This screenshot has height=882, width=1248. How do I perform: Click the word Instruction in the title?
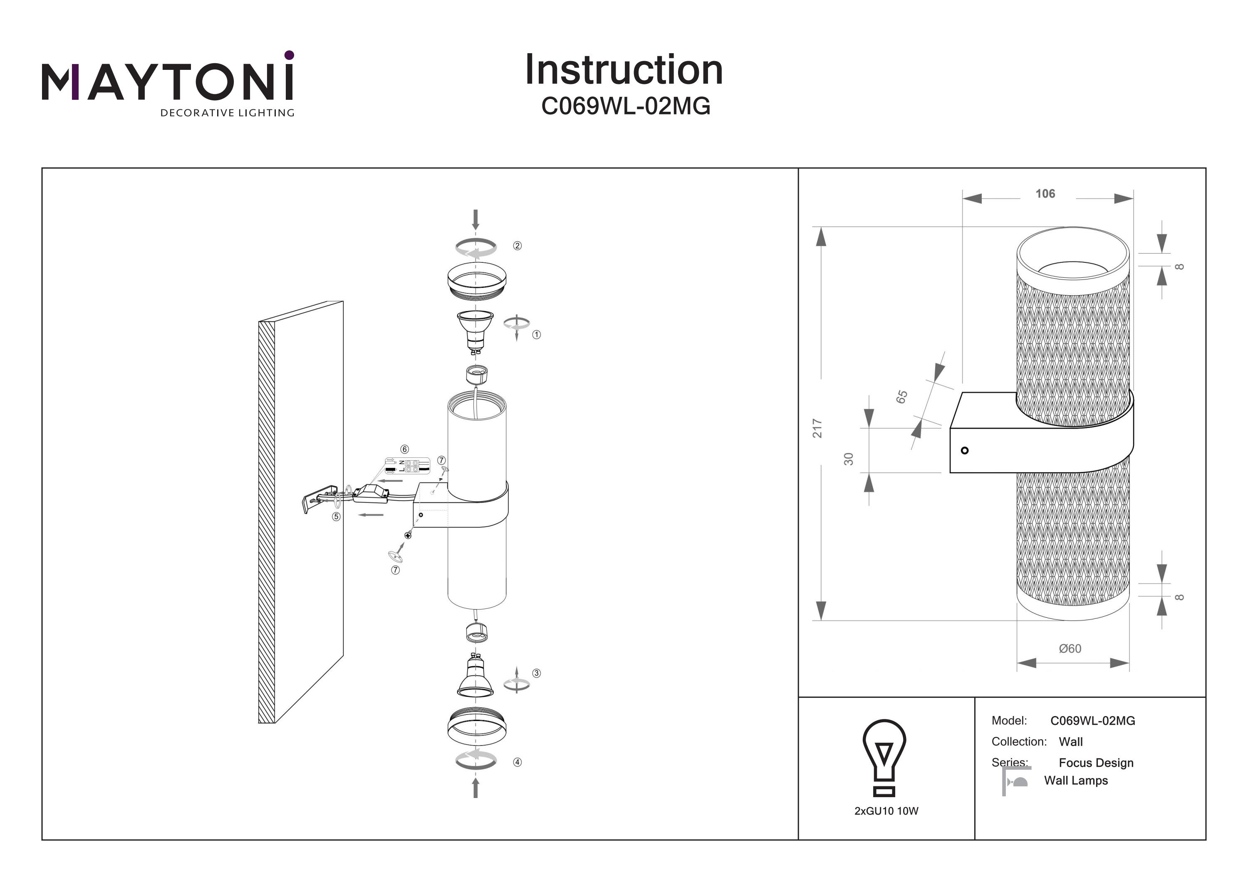(624, 70)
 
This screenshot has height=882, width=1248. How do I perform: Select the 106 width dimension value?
(1045, 194)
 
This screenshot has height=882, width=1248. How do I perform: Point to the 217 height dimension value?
(817, 428)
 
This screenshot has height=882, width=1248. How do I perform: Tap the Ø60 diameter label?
(1070, 648)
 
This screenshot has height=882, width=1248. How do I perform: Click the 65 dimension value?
(902, 397)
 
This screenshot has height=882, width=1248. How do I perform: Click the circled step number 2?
(517, 246)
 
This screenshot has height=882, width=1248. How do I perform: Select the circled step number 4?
(517, 762)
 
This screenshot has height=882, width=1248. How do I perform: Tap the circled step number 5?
(337, 517)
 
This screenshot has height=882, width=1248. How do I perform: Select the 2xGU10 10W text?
(886, 811)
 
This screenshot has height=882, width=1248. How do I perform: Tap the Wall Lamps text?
(1076, 781)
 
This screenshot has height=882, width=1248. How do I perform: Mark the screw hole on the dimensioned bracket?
(964, 450)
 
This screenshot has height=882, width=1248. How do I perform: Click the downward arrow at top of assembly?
(475, 220)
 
